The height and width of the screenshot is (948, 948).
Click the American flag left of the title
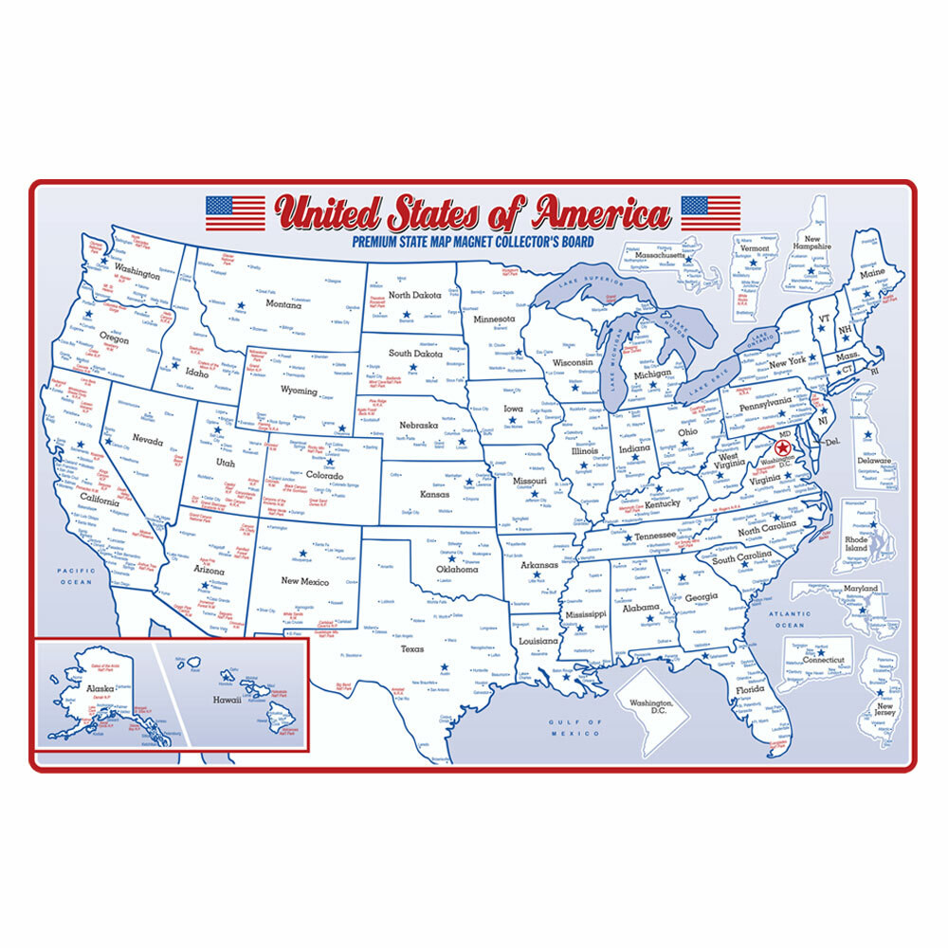coord(235,212)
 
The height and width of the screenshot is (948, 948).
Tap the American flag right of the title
coord(710,212)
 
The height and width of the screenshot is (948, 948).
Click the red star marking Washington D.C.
coord(783,447)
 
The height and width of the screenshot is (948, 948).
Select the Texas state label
coord(412,649)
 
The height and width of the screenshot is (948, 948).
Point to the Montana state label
coord(283,304)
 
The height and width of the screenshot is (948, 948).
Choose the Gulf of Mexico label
coord(575,728)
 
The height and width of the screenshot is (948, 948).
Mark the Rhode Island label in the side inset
coord(856,542)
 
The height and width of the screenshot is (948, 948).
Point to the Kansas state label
coord(435,494)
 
